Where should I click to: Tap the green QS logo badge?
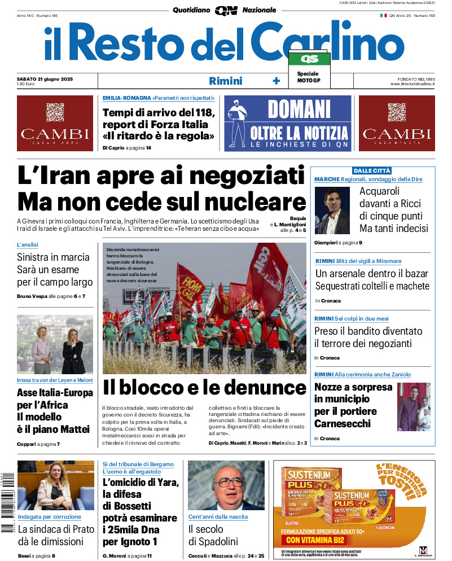tap(309, 59)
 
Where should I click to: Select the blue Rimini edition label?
tap(225, 81)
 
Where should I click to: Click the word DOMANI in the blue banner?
tap(299, 109)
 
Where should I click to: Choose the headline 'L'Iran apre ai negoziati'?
tap(161, 177)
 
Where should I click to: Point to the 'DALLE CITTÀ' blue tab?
tap(372, 170)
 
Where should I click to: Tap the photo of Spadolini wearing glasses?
tap(226, 485)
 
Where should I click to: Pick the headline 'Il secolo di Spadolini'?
tap(213, 536)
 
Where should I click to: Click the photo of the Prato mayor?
tap(47, 485)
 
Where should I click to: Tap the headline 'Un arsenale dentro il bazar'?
tap(371, 274)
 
